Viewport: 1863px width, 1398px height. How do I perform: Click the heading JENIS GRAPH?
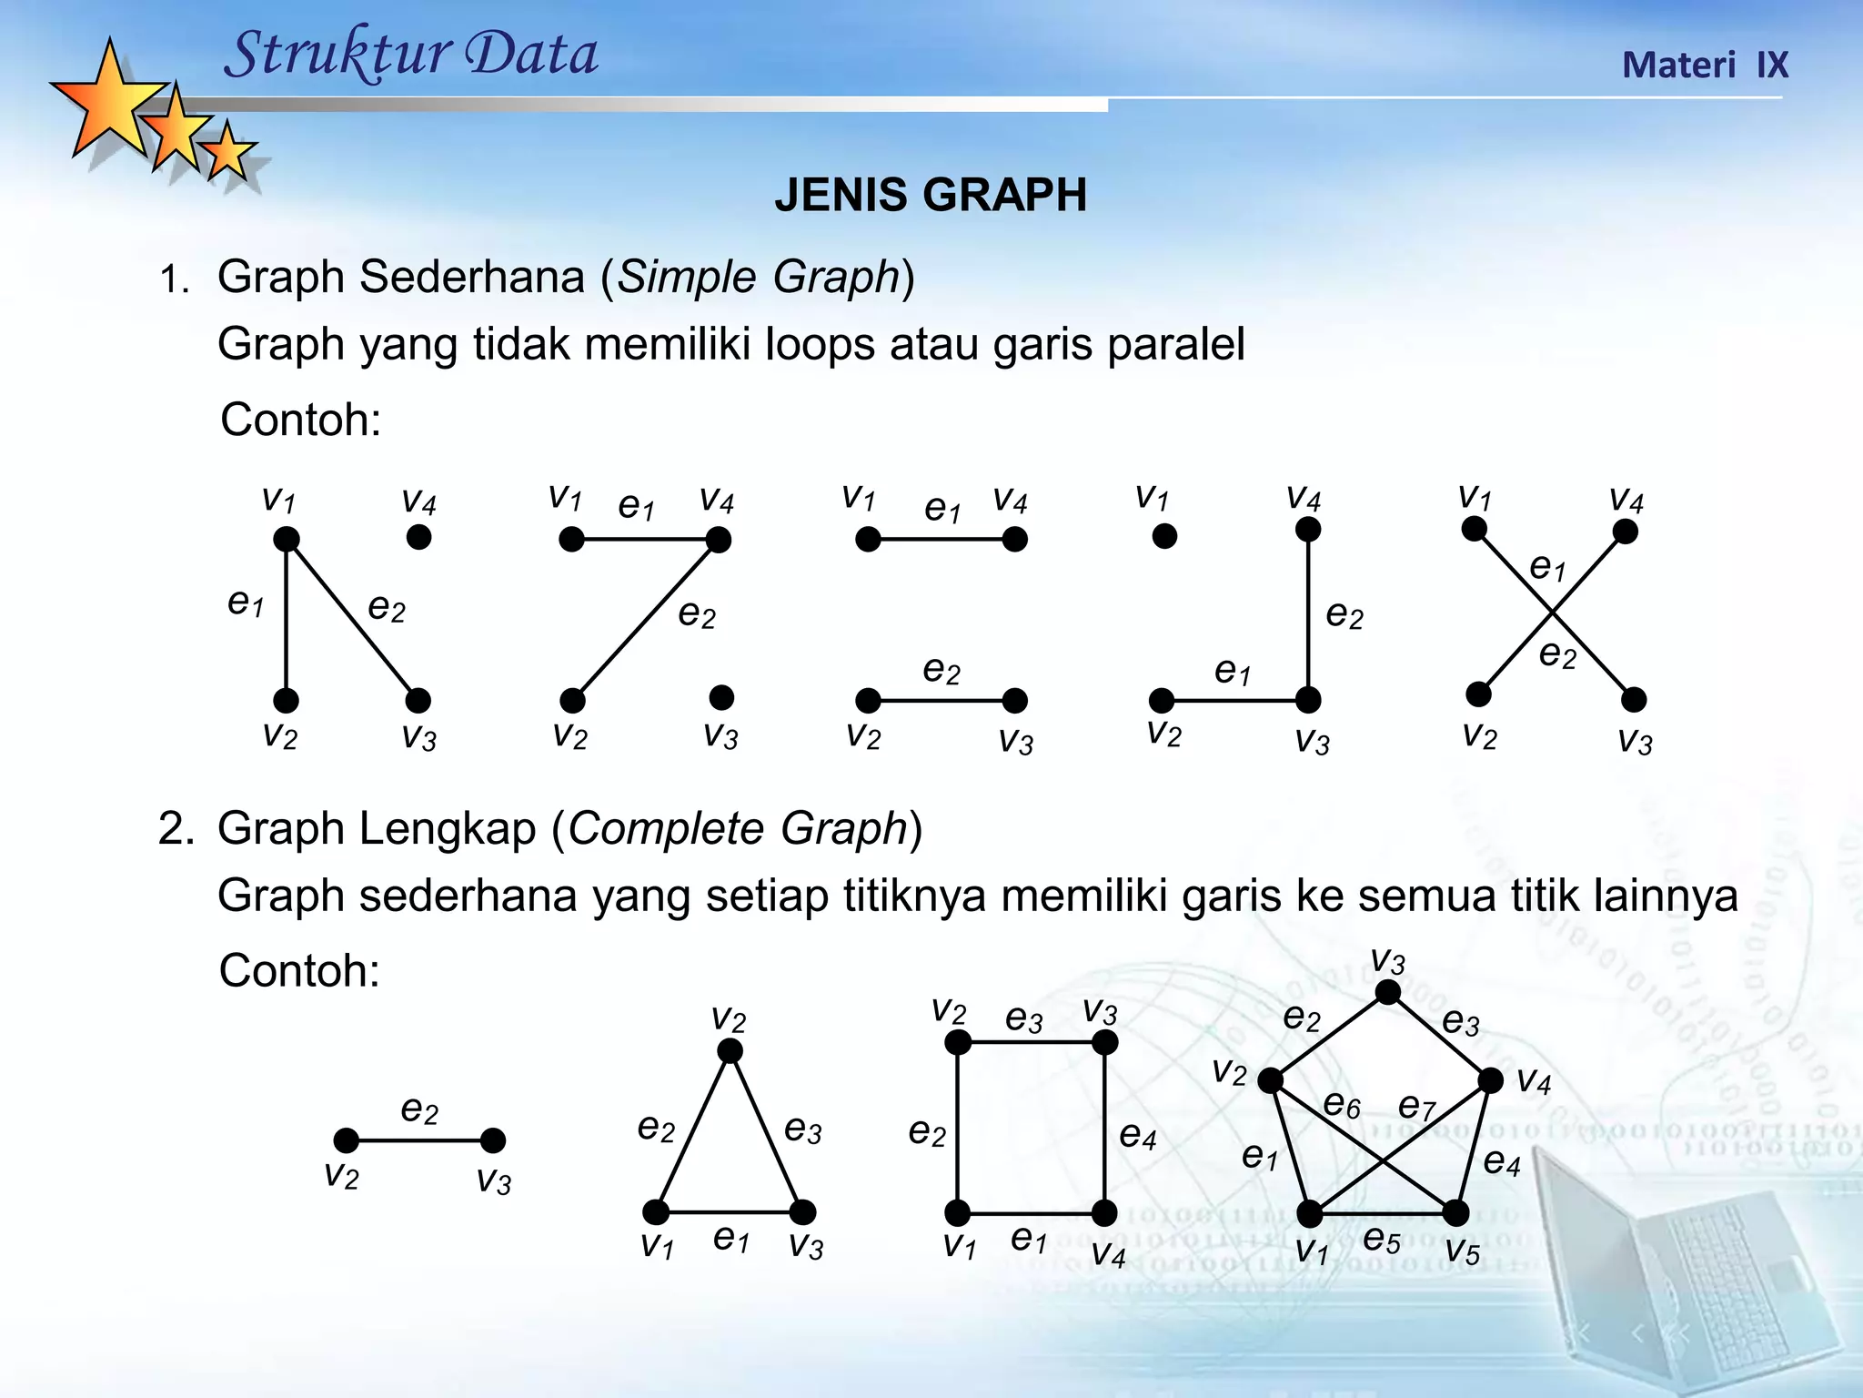pyautogui.click(x=931, y=195)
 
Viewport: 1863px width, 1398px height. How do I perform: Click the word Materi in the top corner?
pyautogui.click(x=1678, y=66)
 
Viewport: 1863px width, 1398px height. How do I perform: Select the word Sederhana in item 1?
pyautogui.click(x=471, y=277)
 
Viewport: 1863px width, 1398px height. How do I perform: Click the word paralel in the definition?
pyautogui.click(x=1175, y=345)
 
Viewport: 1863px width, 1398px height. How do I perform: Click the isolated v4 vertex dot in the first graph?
pyautogui.click(x=418, y=537)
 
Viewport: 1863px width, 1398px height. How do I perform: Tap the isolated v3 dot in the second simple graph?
pyautogui.click(x=721, y=698)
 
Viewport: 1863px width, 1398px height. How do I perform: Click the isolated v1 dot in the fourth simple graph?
pyautogui.click(x=1164, y=536)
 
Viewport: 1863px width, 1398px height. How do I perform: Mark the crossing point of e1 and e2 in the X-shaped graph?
pyautogui.click(x=1552, y=613)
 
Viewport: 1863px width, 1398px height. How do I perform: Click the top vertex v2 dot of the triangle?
pyautogui.click(x=730, y=1052)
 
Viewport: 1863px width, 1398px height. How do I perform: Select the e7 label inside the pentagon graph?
pyautogui.click(x=1415, y=1106)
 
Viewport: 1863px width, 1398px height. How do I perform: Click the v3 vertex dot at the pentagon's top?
pyautogui.click(x=1387, y=992)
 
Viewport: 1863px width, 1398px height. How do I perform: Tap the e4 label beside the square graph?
pyautogui.click(x=1137, y=1135)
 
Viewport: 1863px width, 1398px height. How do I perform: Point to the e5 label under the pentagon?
pyautogui.click(x=1381, y=1240)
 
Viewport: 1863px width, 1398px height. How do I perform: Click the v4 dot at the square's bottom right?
pyautogui.click(x=1104, y=1212)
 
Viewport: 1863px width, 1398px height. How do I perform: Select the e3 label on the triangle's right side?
pyautogui.click(x=802, y=1130)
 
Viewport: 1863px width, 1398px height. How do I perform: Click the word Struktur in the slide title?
pyautogui.click(x=333, y=55)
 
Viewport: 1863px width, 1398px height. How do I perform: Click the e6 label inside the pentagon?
pyautogui.click(x=1342, y=1105)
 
